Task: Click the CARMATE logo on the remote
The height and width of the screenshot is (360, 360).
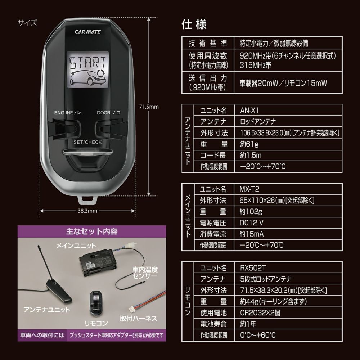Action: [x=87, y=32]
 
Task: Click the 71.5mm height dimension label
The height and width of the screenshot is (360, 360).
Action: [x=149, y=107]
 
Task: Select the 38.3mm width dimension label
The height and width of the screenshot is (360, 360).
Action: [x=87, y=211]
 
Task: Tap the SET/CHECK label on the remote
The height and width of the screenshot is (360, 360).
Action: [x=87, y=142]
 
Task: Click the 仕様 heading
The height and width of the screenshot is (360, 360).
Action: [x=194, y=25]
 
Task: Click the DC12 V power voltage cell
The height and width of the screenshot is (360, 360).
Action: [x=252, y=222]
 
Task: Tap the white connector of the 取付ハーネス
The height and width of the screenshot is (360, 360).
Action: [x=132, y=308]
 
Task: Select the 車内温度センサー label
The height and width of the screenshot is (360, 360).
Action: [x=145, y=273]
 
